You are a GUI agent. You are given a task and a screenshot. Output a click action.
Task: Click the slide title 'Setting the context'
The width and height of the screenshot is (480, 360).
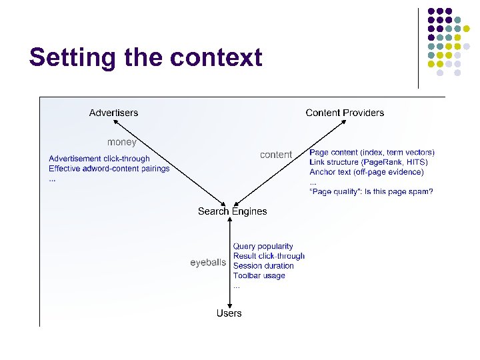coord(145,57)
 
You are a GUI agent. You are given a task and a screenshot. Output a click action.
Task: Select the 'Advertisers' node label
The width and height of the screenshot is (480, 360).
coord(114,113)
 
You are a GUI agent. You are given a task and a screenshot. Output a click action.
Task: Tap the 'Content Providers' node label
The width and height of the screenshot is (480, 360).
coord(345,113)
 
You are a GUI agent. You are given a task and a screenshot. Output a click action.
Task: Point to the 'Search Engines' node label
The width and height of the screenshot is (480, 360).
coord(232,211)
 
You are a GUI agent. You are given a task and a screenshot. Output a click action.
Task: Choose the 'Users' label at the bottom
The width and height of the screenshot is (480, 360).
coord(229,313)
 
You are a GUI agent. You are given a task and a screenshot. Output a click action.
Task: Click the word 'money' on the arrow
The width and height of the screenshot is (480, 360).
coord(122,142)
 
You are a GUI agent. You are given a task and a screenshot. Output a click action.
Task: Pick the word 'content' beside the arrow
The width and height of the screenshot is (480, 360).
coord(276,155)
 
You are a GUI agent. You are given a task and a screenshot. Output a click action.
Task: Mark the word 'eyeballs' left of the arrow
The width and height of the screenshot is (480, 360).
coord(208,263)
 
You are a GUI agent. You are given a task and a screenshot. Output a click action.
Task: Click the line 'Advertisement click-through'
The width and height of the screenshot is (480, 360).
coord(99,159)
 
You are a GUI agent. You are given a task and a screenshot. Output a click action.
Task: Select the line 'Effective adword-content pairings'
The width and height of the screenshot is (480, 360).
coord(109,169)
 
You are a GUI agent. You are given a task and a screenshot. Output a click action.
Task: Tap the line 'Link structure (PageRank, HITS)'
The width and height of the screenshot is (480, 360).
coord(369,162)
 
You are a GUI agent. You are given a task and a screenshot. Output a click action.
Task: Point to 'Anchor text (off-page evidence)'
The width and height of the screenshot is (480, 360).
coord(367,172)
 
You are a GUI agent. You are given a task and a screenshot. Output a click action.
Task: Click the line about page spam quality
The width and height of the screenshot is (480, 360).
coord(371,192)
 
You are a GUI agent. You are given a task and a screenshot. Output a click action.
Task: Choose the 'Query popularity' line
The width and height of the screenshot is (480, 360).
coord(263,247)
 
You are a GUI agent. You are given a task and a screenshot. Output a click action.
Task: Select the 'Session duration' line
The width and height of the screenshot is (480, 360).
coord(263,266)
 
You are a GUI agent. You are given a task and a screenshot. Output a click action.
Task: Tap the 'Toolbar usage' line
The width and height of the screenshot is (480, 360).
coord(259,275)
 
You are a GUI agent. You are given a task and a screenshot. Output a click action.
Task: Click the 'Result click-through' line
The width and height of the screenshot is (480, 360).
coord(269,256)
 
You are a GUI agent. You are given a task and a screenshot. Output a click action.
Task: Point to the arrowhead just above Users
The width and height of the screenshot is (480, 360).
coord(229,303)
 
